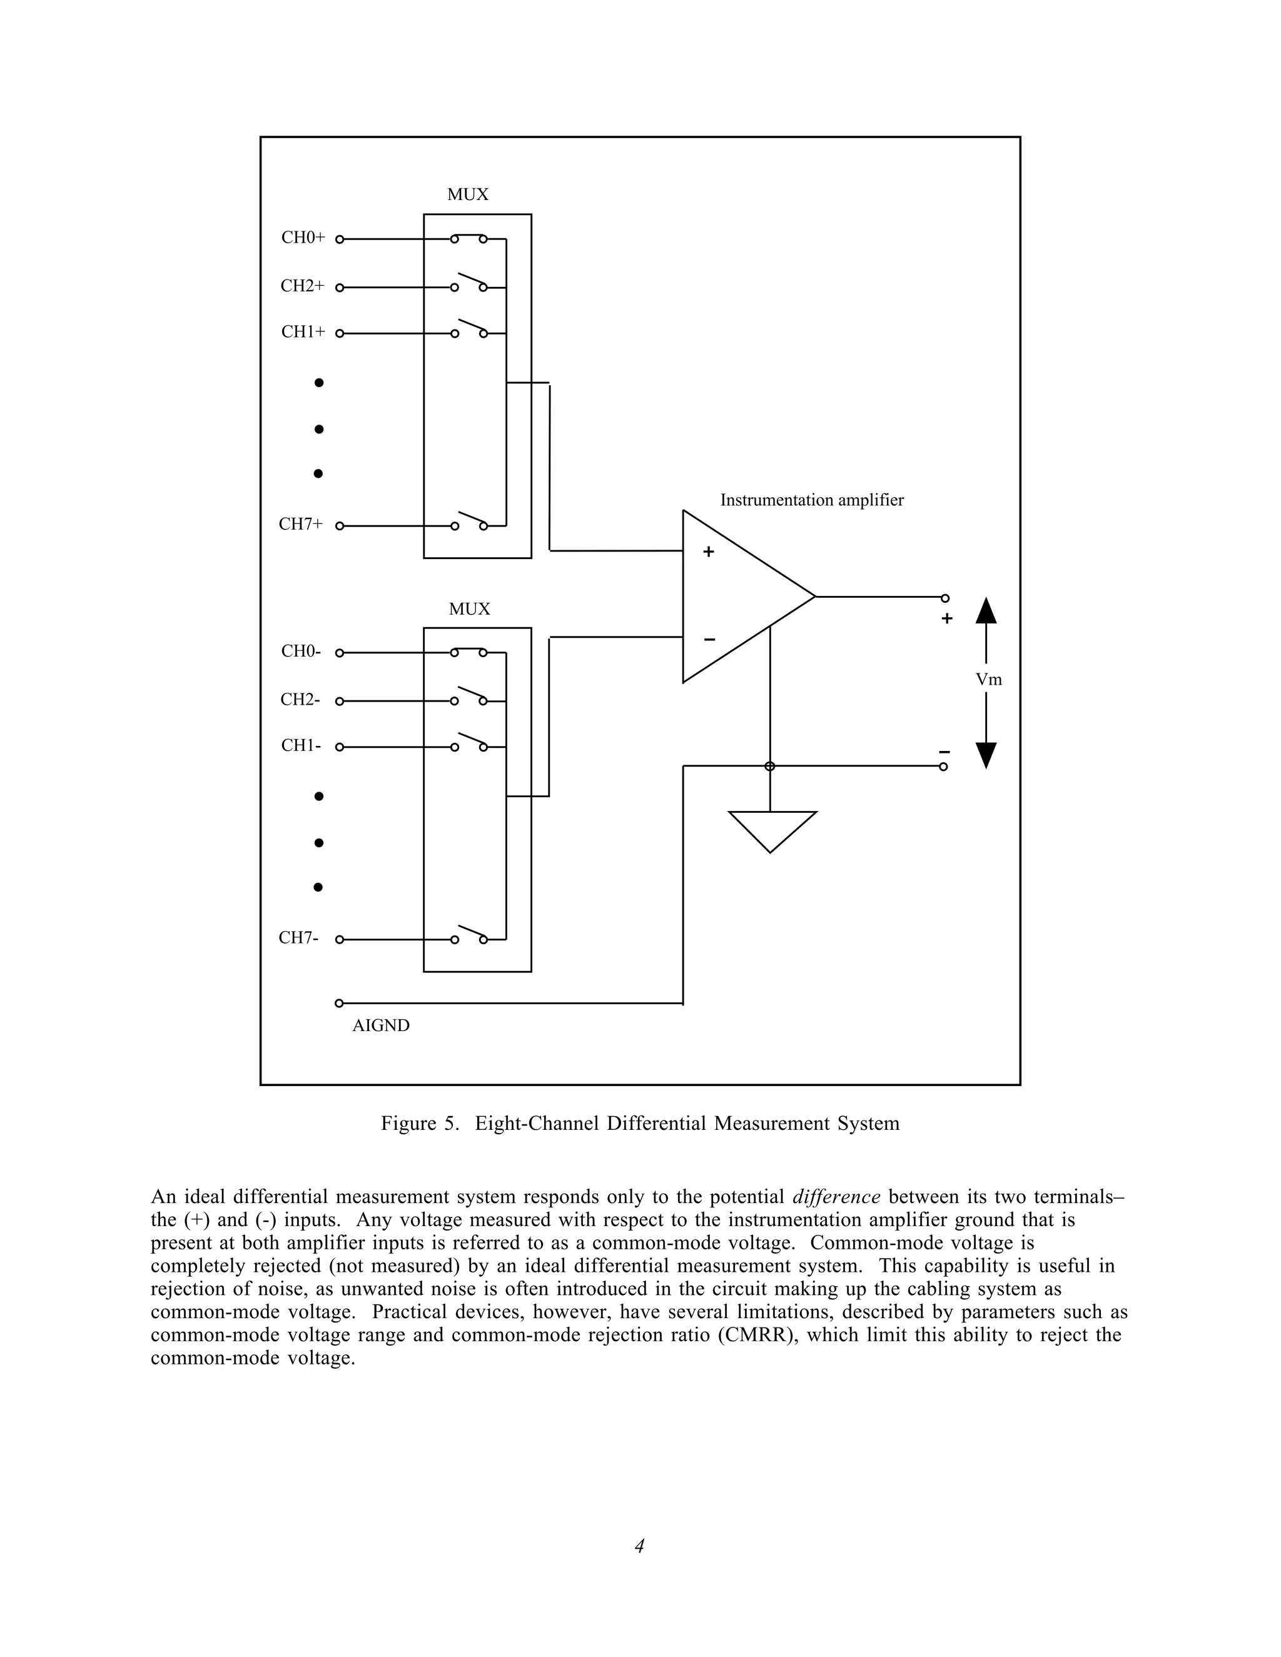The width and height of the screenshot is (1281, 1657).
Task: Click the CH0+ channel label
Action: (303, 238)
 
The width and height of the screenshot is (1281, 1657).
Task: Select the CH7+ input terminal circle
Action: (339, 526)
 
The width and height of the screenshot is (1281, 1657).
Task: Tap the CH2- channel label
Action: (300, 700)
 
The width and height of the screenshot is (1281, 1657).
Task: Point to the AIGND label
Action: (381, 1025)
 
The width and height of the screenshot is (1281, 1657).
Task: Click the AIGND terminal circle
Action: (339, 1003)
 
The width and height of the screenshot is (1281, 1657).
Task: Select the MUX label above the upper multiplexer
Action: (467, 195)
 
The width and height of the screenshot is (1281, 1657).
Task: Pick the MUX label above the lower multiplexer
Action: (469, 609)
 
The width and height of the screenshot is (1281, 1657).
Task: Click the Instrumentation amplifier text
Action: (811, 501)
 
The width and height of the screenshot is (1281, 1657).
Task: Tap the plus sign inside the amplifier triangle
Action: (708, 552)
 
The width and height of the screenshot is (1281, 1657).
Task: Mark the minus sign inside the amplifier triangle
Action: (709, 640)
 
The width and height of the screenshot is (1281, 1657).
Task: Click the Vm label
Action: (988, 680)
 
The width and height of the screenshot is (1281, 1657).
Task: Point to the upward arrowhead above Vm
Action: (986, 611)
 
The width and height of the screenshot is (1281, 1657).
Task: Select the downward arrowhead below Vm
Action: (986, 755)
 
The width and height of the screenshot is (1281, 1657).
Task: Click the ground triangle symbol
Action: (772, 828)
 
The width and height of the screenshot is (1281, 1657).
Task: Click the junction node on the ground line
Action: (769, 767)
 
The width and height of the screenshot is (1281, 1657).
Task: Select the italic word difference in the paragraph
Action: (836, 1197)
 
